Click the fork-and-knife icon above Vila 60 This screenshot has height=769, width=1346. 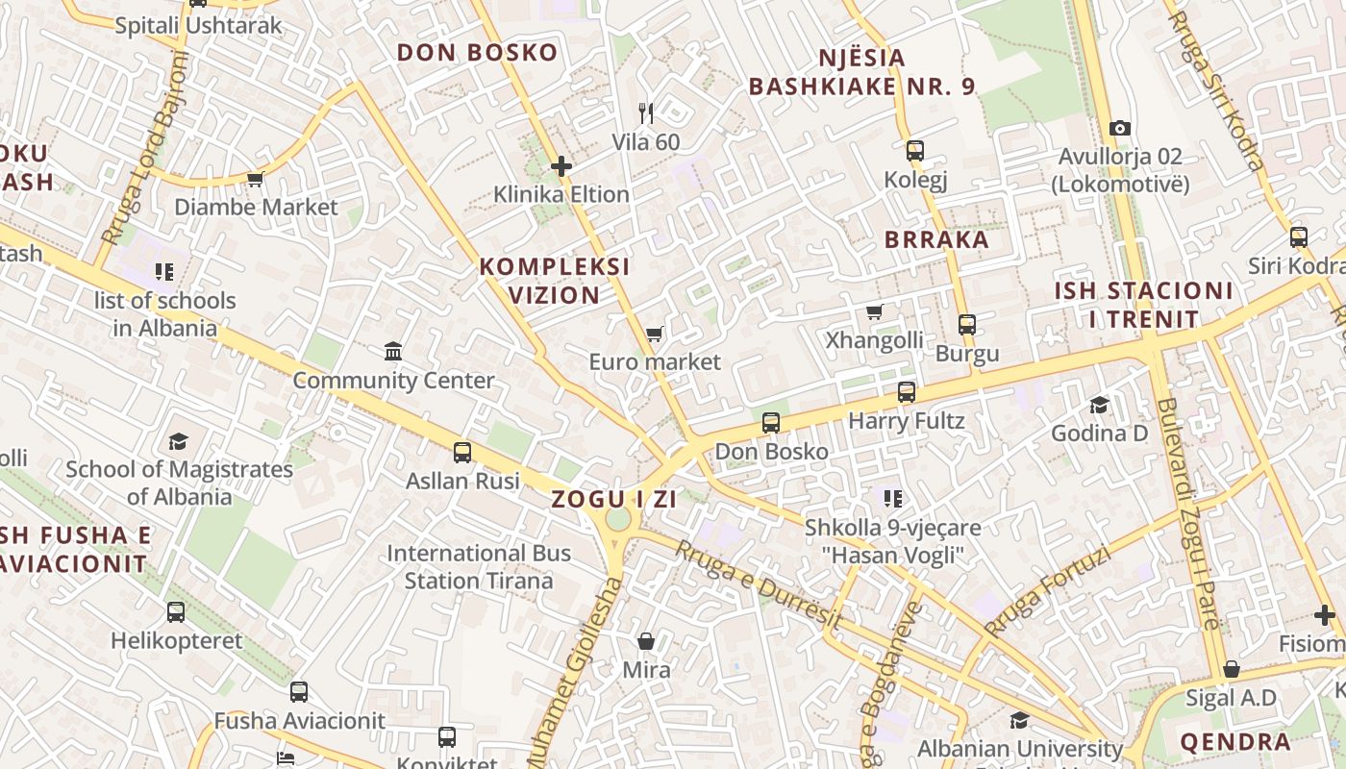pos(646,113)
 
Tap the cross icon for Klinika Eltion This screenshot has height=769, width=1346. pos(561,166)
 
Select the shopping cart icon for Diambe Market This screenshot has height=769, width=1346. pos(255,179)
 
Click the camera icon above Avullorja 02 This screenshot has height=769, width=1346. pos(1119,128)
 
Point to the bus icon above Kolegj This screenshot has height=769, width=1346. pos(914,151)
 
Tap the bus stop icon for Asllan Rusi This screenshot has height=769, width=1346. pos(462,452)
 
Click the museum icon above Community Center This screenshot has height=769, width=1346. pos(393,352)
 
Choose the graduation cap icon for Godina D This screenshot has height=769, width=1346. pos(1099,405)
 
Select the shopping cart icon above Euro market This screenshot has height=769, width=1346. pos(655,335)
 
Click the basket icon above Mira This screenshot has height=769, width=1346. pos(646,640)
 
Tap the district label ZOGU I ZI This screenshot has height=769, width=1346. pos(614,499)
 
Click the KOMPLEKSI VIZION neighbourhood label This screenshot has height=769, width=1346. pos(555,280)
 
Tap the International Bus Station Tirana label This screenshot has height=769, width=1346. pos(479,567)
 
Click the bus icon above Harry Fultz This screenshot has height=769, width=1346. pos(906,392)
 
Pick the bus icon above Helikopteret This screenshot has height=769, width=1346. pos(176,612)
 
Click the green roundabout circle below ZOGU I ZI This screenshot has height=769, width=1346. pos(618,520)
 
